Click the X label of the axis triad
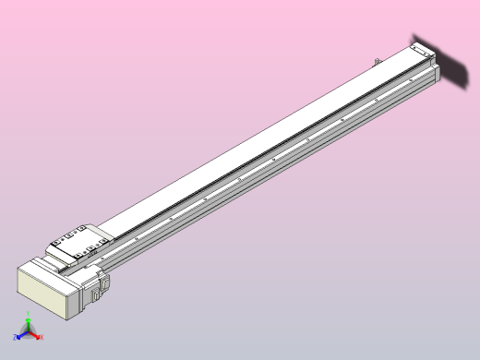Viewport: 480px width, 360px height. coord(42,338)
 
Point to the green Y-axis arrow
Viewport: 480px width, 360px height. coord(29,325)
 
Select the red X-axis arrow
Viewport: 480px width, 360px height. coord(36,335)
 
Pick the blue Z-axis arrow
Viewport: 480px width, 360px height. coord(21,336)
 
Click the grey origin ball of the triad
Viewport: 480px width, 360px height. coord(29,333)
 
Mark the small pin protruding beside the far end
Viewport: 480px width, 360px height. coord(378,62)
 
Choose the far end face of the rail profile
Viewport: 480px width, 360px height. coord(437,75)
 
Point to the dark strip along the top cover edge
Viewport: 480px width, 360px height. coord(277,146)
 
